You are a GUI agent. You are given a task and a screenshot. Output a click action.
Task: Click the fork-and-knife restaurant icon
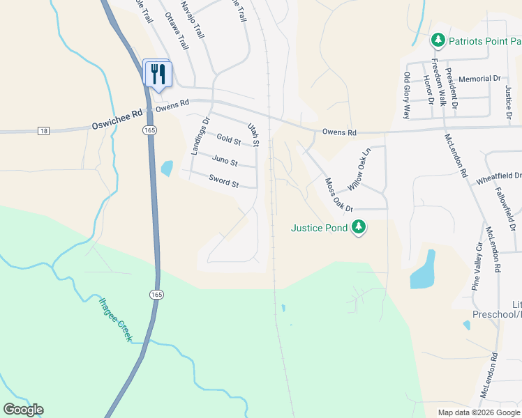pyautogui.click(x=158, y=73)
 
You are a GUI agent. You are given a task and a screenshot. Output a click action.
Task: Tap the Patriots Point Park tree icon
pyautogui.click(x=438, y=40)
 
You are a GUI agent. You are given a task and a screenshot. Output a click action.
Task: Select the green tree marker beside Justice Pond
pyautogui.click(x=359, y=227)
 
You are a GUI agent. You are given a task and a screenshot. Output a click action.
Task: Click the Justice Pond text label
pyautogui.click(x=320, y=227)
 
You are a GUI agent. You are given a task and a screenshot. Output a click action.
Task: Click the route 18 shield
pyautogui.click(x=43, y=131)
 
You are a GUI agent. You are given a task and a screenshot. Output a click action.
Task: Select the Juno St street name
pyautogui.click(x=225, y=162)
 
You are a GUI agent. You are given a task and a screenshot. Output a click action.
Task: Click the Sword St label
pyautogui.click(x=224, y=183)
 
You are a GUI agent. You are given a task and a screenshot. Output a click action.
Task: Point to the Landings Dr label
pyautogui.click(x=200, y=136)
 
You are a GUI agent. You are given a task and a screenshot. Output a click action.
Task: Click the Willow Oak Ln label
pyautogui.click(x=357, y=169)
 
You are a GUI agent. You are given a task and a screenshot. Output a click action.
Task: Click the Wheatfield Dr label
pyautogui.click(x=498, y=177)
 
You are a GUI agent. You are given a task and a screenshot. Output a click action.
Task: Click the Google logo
pyautogui.click(x=23, y=410)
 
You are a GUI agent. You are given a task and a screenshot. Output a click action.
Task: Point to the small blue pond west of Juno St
pyautogui.click(x=167, y=168)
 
